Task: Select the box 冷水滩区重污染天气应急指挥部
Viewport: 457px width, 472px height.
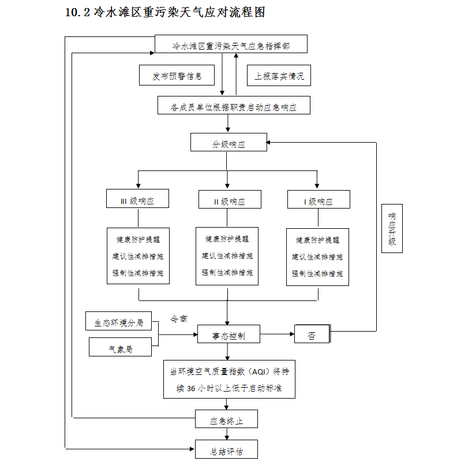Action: click(231, 44)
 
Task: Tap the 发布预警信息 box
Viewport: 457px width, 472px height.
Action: click(177, 76)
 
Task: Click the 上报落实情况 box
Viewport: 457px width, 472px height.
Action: click(279, 76)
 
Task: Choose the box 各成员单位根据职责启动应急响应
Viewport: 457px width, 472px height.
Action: click(234, 106)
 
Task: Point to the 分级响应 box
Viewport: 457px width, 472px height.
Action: click(228, 143)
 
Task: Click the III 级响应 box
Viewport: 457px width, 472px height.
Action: click(137, 199)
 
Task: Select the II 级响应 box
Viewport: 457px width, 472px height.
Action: click(229, 200)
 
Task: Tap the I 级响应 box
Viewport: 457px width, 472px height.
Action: click(319, 200)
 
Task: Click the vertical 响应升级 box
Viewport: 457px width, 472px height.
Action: click(392, 228)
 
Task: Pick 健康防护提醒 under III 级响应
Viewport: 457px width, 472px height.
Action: click(138, 239)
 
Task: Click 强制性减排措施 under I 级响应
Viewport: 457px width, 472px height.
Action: click(317, 273)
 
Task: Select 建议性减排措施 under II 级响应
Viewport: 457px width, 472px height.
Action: click(227, 255)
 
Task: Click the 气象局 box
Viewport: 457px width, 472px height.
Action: click(120, 348)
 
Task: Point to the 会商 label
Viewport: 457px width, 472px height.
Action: click(178, 318)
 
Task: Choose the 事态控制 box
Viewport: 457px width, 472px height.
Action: click(228, 335)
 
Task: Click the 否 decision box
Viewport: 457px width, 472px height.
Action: click(312, 335)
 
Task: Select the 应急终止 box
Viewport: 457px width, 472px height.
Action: click(226, 420)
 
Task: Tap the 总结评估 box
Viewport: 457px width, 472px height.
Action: click(226, 450)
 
